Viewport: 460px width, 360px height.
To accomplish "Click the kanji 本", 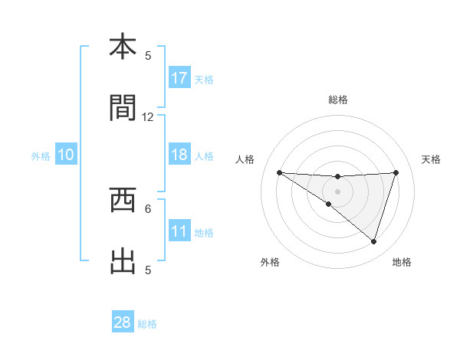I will [123, 47].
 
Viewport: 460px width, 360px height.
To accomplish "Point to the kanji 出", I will [123, 261].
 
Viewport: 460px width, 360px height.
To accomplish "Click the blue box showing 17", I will [179, 77].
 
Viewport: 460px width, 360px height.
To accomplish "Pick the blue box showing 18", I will [179, 155].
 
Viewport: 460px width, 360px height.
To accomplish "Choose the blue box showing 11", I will [179, 231].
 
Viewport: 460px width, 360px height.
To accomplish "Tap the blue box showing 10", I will [66, 155].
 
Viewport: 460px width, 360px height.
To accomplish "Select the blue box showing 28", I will [123, 322].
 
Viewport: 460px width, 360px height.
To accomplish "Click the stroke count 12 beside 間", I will [148, 117].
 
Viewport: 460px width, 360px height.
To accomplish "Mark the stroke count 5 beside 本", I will [148, 55].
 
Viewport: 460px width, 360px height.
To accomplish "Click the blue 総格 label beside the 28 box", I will [147, 324].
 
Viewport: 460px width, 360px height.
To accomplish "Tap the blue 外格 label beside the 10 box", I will [41, 155].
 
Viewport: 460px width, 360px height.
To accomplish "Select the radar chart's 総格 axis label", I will [337, 100].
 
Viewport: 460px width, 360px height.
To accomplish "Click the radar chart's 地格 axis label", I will [402, 263].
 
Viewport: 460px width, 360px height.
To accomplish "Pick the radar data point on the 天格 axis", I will [396, 172].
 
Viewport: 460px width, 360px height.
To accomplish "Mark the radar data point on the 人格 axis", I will [279, 172].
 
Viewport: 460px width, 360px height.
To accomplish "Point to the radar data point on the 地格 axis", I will [373, 242].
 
